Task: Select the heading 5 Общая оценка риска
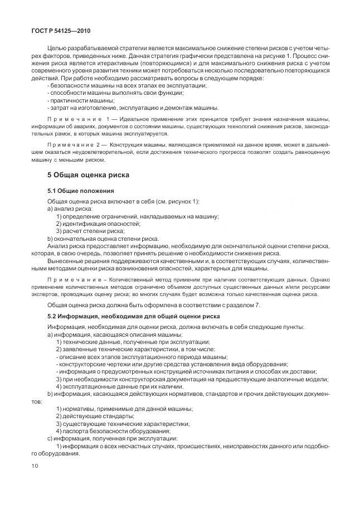(88, 174)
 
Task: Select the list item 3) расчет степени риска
(90, 231)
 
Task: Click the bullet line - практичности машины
(74, 101)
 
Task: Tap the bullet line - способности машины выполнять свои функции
(104, 93)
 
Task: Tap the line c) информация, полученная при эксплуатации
(113, 438)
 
